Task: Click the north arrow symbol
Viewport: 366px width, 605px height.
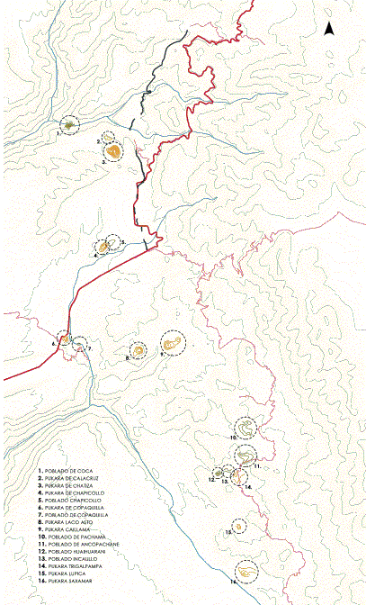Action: click(x=329, y=30)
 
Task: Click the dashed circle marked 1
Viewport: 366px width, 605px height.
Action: click(x=70, y=125)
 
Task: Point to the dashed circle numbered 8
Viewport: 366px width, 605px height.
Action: click(x=139, y=351)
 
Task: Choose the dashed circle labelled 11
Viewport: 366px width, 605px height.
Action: click(x=245, y=456)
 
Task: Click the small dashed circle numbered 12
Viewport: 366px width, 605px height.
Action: click(x=219, y=472)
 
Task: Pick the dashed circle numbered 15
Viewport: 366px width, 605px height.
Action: click(x=238, y=526)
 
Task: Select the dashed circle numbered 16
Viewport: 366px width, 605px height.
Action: click(x=245, y=570)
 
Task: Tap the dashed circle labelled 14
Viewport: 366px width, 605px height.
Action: click(x=238, y=478)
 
